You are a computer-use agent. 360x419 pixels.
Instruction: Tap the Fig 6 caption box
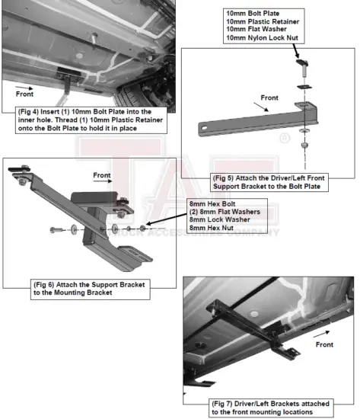pyautogui.click(x=90, y=288)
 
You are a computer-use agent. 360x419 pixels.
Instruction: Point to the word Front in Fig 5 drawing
pyautogui.click(x=269, y=98)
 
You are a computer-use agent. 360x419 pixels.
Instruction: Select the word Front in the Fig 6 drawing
pyautogui.click(x=102, y=174)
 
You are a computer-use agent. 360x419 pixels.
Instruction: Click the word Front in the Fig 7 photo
pyautogui.click(x=325, y=344)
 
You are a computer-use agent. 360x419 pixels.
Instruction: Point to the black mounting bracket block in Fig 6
pyautogui.click(x=95, y=200)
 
